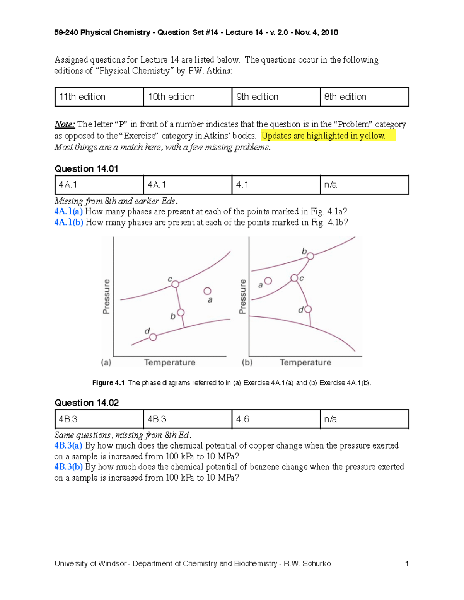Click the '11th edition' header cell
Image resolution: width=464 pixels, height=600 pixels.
pos(99,97)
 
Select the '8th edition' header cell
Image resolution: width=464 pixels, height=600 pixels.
pos(364,97)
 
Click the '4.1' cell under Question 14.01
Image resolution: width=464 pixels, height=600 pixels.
pos(276,185)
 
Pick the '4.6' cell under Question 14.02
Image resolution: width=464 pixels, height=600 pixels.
pos(276,419)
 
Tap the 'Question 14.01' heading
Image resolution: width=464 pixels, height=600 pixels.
pos(86,169)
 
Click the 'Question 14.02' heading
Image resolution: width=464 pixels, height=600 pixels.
pos(87,403)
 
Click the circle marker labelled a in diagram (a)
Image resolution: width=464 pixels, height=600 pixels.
pos(207,291)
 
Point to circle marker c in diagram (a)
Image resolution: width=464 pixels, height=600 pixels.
pos(175,284)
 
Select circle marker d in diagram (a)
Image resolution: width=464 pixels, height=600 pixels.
pos(153,337)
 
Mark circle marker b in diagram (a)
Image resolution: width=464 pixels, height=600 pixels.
pos(181,313)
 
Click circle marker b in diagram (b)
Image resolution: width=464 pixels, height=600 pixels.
pos(310,256)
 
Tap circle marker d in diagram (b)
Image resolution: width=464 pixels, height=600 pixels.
pos(308,309)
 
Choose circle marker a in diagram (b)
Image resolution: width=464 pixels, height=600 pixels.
pos(268,281)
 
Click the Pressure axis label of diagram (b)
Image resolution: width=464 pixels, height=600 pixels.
pos(242,296)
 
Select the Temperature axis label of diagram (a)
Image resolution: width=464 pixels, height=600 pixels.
pos(170,362)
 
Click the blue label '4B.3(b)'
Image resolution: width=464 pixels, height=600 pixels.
pos(69,467)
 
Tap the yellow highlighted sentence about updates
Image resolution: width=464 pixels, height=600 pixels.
pos(323,136)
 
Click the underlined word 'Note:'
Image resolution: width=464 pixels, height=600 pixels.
pos(65,124)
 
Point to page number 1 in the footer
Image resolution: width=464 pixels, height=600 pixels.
pos(407,564)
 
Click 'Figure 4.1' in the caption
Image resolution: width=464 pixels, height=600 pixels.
pos(108,383)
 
